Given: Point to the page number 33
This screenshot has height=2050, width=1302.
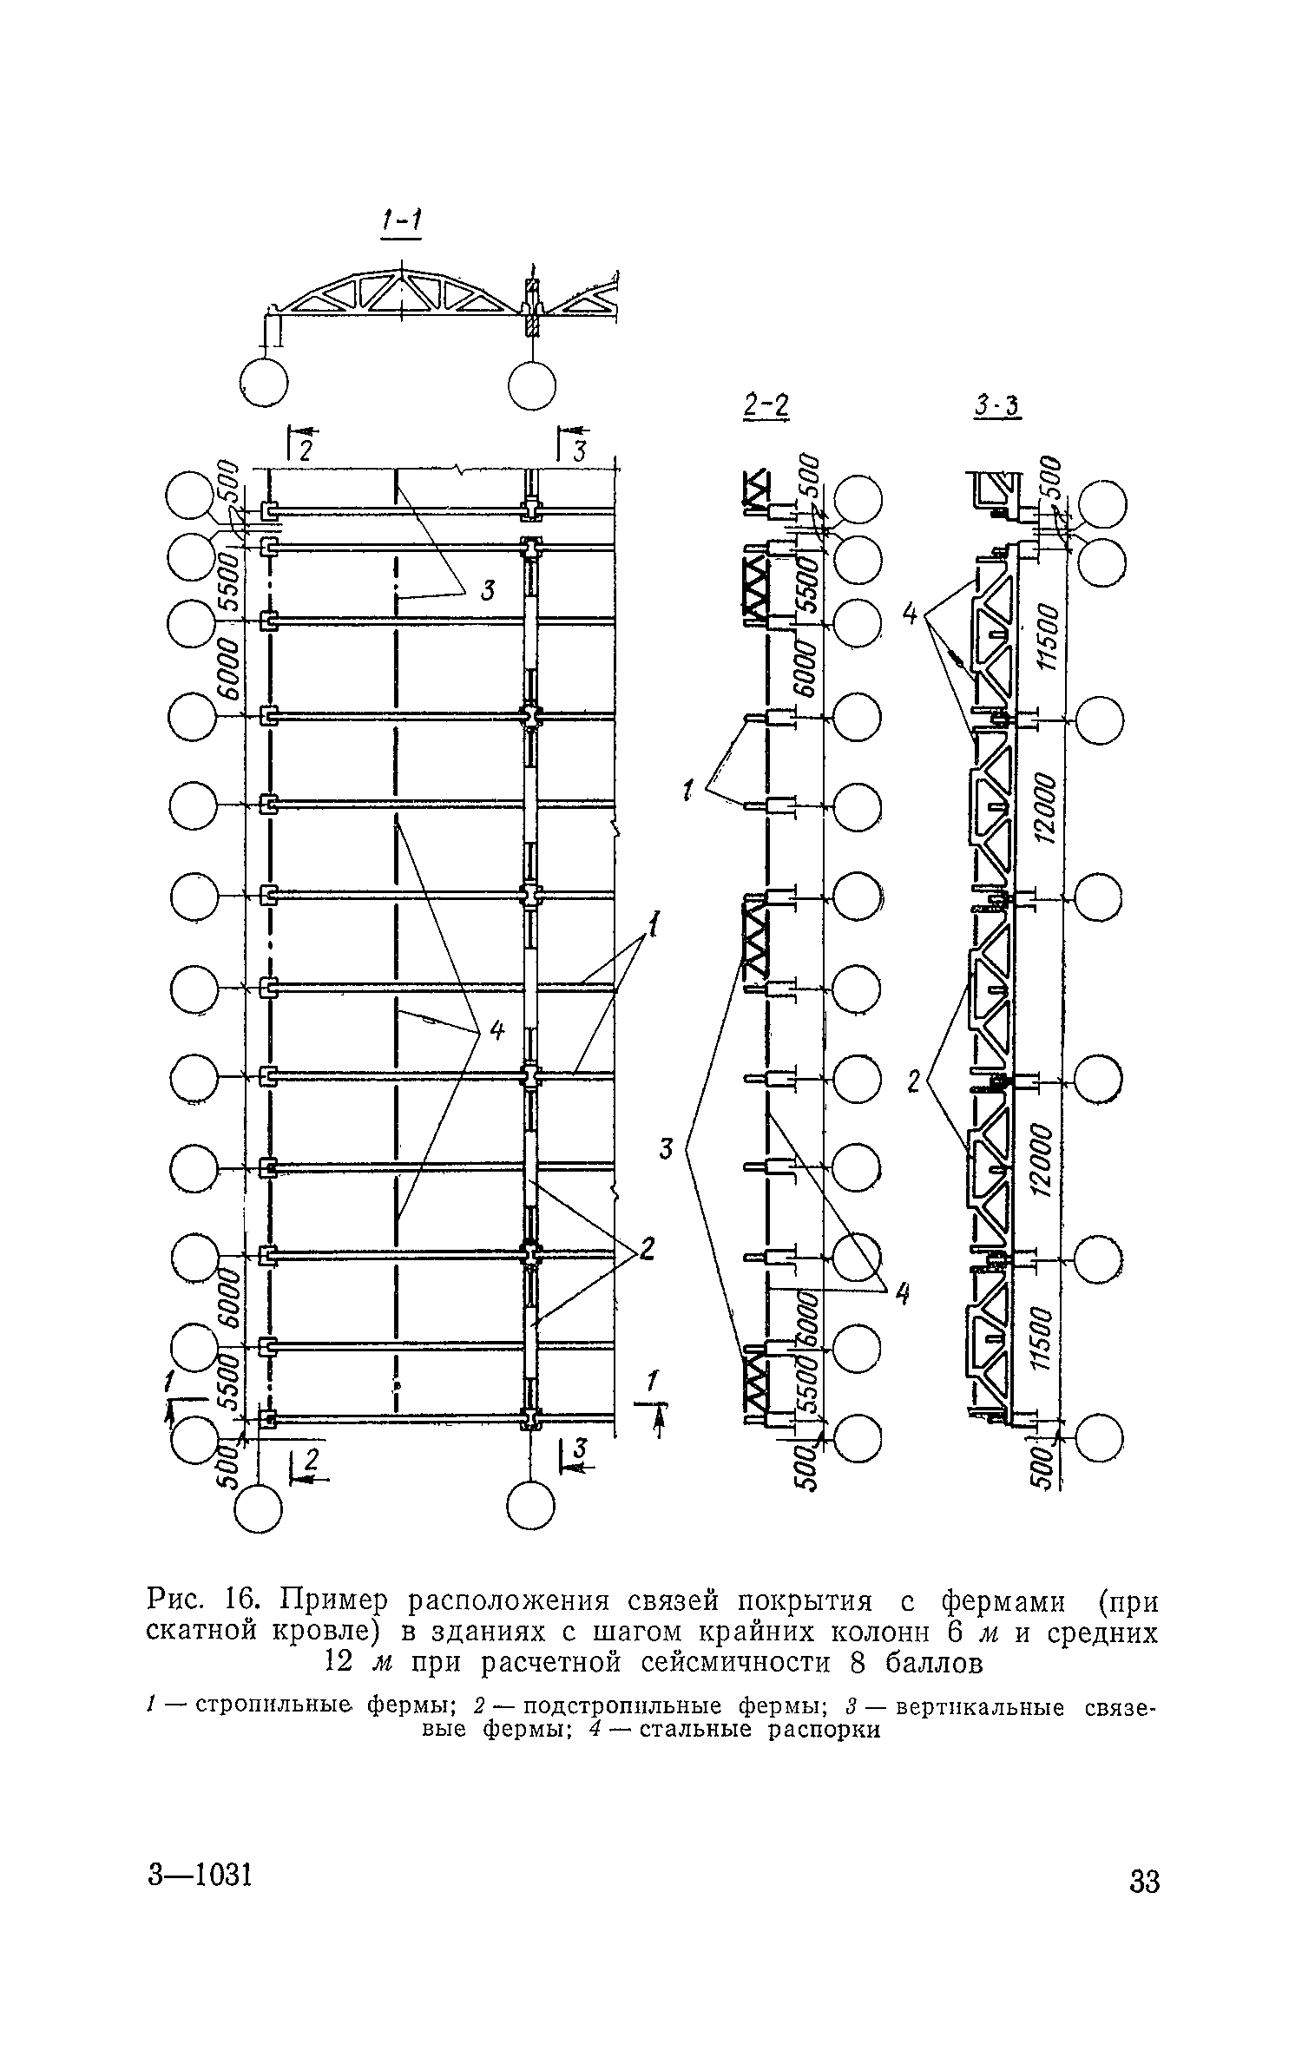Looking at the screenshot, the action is (1144, 1906).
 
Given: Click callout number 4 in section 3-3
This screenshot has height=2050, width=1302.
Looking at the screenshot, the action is (910, 614).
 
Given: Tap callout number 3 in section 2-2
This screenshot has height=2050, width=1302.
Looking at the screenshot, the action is (667, 1149).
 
